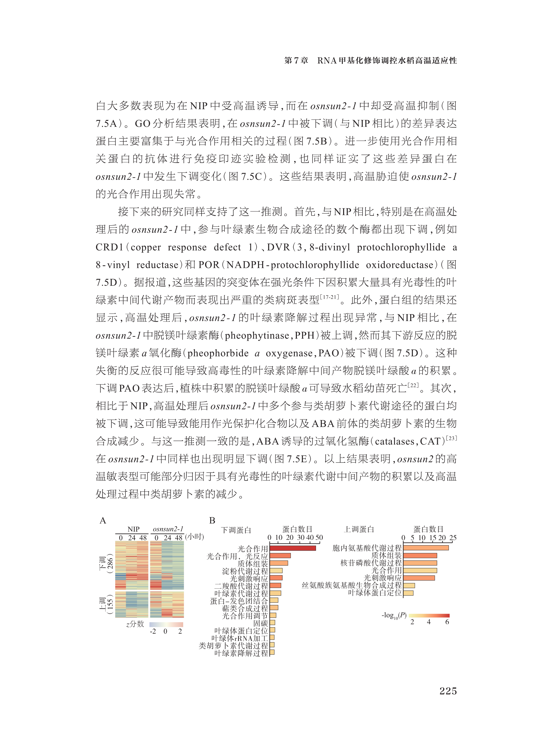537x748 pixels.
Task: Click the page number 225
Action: (x=448, y=691)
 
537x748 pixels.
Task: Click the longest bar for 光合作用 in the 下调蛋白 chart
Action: (x=293, y=548)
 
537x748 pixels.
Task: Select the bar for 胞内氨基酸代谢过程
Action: (x=426, y=548)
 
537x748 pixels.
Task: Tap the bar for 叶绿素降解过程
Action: (x=272, y=652)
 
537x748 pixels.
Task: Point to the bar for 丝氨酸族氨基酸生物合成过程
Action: (x=409, y=585)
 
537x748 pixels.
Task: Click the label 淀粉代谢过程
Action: (x=245, y=571)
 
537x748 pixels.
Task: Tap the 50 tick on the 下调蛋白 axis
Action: (x=319, y=537)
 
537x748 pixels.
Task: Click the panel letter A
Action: (x=103, y=521)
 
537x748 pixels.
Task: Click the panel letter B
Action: (x=212, y=521)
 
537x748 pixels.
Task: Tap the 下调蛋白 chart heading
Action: (x=236, y=530)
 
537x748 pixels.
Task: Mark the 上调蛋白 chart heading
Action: (x=359, y=529)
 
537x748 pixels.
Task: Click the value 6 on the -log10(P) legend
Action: (x=447, y=622)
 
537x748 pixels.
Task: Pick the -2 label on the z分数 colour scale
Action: (x=153, y=631)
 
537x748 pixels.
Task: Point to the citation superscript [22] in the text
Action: (x=413, y=385)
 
